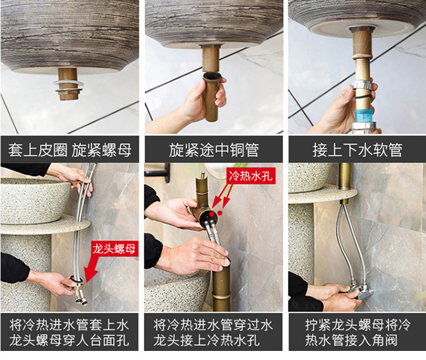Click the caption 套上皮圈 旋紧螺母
[x=70, y=150]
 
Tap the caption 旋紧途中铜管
[x=214, y=150]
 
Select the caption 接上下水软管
[x=357, y=150]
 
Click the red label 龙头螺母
[x=114, y=249]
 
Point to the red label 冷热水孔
[x=250, y=176]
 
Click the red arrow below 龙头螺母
[x=91, y=269]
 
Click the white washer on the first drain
[x=68, y=82]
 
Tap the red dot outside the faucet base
[x=220, y=214]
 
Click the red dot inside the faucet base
[x=212, y=215]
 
